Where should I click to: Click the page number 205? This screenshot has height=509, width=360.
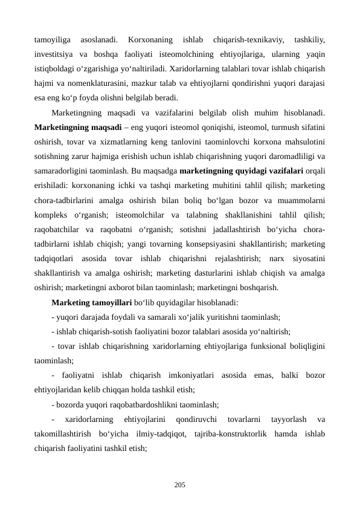tap(179, 485)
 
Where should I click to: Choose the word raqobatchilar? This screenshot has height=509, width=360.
tap(58, 230)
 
